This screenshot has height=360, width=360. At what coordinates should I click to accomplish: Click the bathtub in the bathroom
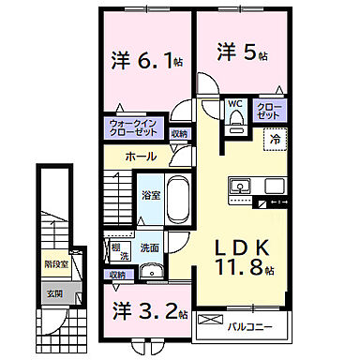coord(179,199)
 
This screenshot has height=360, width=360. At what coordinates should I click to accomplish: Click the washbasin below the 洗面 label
coord(153,270)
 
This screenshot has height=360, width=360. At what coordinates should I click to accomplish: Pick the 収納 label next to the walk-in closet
coord(179,134)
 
